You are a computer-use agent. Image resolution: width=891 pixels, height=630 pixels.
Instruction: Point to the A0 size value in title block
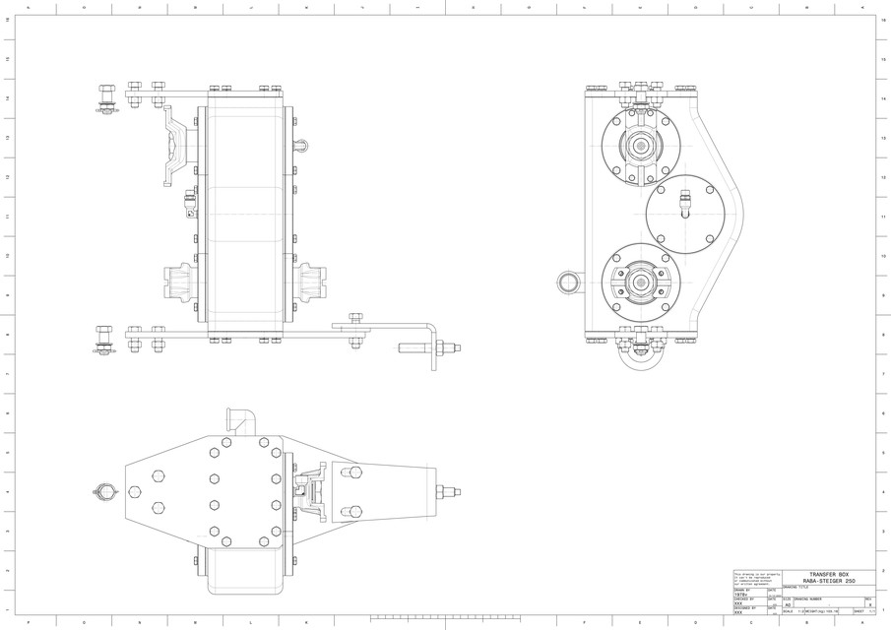pos(788,605)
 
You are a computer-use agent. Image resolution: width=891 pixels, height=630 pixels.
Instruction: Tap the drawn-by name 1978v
pos(741,595)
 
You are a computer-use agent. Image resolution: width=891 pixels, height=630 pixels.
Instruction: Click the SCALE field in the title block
pos(793,612)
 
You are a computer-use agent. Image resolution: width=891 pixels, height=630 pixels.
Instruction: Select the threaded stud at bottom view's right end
pos(451,490)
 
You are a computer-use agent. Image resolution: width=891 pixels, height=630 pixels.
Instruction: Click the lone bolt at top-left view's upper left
pos(105,98)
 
